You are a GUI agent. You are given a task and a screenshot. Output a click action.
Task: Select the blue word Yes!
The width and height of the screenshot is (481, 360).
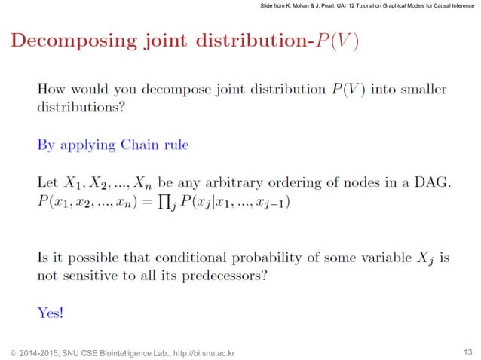[51, 312]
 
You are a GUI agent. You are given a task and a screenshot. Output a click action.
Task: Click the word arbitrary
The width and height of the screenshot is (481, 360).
[250, 183]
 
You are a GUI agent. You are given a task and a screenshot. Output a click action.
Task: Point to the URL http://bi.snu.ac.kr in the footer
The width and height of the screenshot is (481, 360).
[204, 352]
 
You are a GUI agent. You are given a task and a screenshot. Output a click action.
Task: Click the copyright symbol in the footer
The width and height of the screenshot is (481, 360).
[12, 352]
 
